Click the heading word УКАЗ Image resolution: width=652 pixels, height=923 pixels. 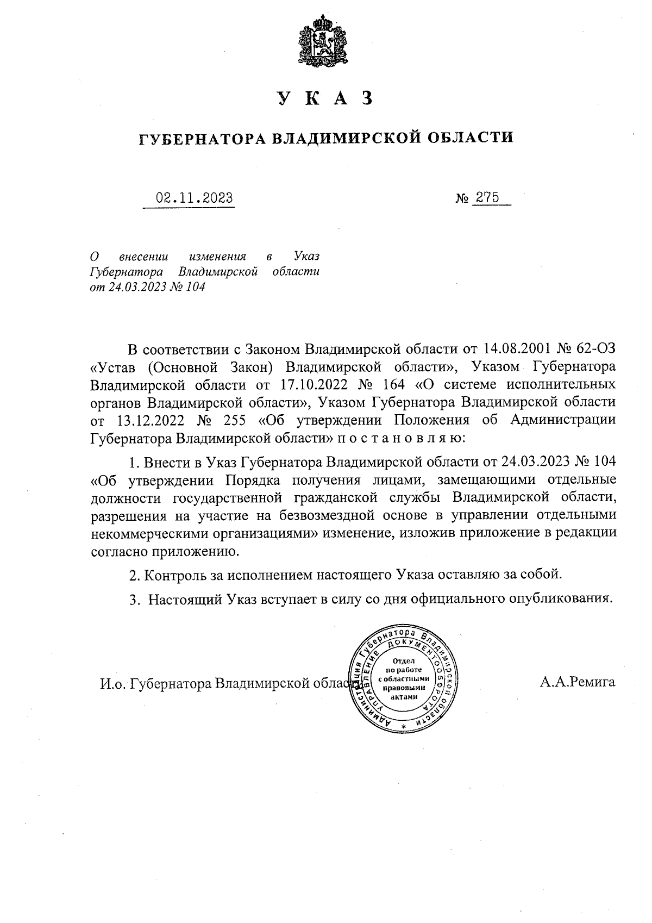click(325, 98)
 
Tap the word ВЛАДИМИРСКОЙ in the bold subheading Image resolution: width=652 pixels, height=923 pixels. click(346, 138)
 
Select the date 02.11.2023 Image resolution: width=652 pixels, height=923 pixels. click(195, 198)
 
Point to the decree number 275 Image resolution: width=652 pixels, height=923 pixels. click(487, 197)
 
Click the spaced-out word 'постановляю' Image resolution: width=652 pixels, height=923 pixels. click(401, 439)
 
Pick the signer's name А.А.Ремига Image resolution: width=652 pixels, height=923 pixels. click(578, 682)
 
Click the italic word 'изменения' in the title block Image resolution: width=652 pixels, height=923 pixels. click(217, 255)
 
